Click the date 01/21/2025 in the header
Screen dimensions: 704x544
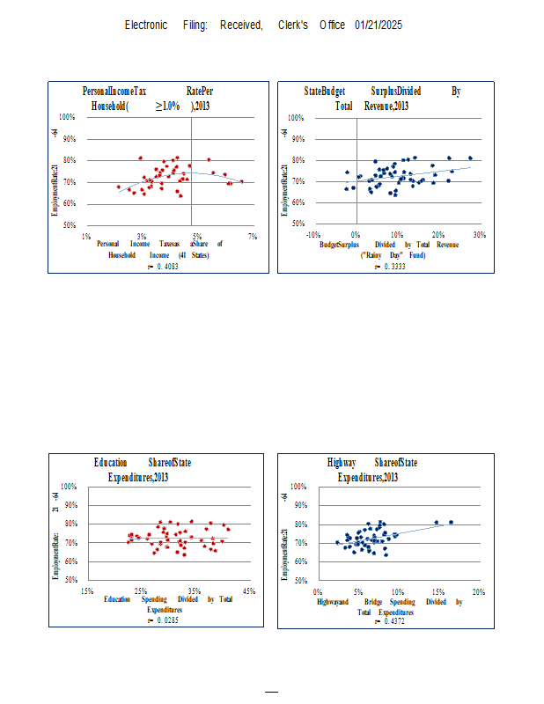(379, 25)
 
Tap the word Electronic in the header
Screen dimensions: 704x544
(146, 25)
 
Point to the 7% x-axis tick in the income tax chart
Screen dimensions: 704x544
(253, 236)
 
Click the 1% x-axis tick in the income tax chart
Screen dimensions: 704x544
(86, 236)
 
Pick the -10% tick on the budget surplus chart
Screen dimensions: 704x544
(312, 235)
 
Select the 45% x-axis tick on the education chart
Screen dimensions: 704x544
(249, 590)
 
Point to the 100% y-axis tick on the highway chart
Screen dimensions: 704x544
(298, 487)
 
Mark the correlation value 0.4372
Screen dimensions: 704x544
(392, 621)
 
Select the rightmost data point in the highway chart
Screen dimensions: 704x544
(451, 522)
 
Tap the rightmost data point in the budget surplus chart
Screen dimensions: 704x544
(470, 158)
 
